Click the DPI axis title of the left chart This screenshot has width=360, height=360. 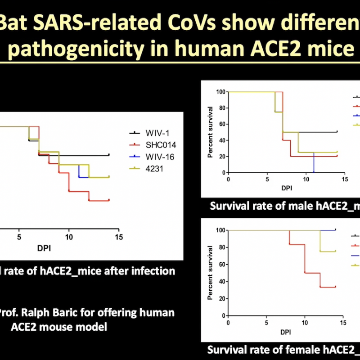click(44, 248)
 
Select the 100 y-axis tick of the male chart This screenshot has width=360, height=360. click(220, 92)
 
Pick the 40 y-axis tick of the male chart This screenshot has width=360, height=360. click(221, 140)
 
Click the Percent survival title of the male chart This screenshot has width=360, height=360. click(210, 132)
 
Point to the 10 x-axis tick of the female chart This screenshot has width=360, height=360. click(305, 323)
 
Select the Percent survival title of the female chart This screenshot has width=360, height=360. click(210, 273)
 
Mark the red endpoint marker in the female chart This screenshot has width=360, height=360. click(335, 287)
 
